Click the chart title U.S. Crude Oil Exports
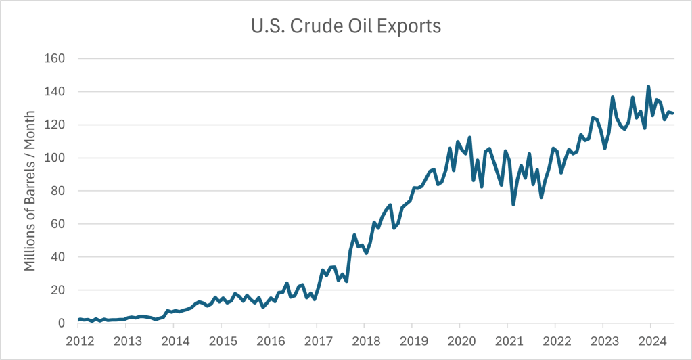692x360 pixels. coord(346,26)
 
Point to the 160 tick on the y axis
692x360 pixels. coord(55,58)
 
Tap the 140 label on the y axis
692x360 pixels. coord(55,91)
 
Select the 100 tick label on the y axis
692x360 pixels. coord(55,158)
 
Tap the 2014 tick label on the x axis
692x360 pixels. coord(174,340)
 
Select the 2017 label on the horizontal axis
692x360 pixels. coord(317,340)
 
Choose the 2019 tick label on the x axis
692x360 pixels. coord(412,340)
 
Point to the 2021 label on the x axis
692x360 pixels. coord(507,340)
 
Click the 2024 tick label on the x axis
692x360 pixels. coord(650,340)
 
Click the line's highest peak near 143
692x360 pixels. coord(649,87)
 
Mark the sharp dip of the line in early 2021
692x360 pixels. coord(513,204)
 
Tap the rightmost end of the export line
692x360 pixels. coord(672,113)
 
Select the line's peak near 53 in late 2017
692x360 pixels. coord(354,235)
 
